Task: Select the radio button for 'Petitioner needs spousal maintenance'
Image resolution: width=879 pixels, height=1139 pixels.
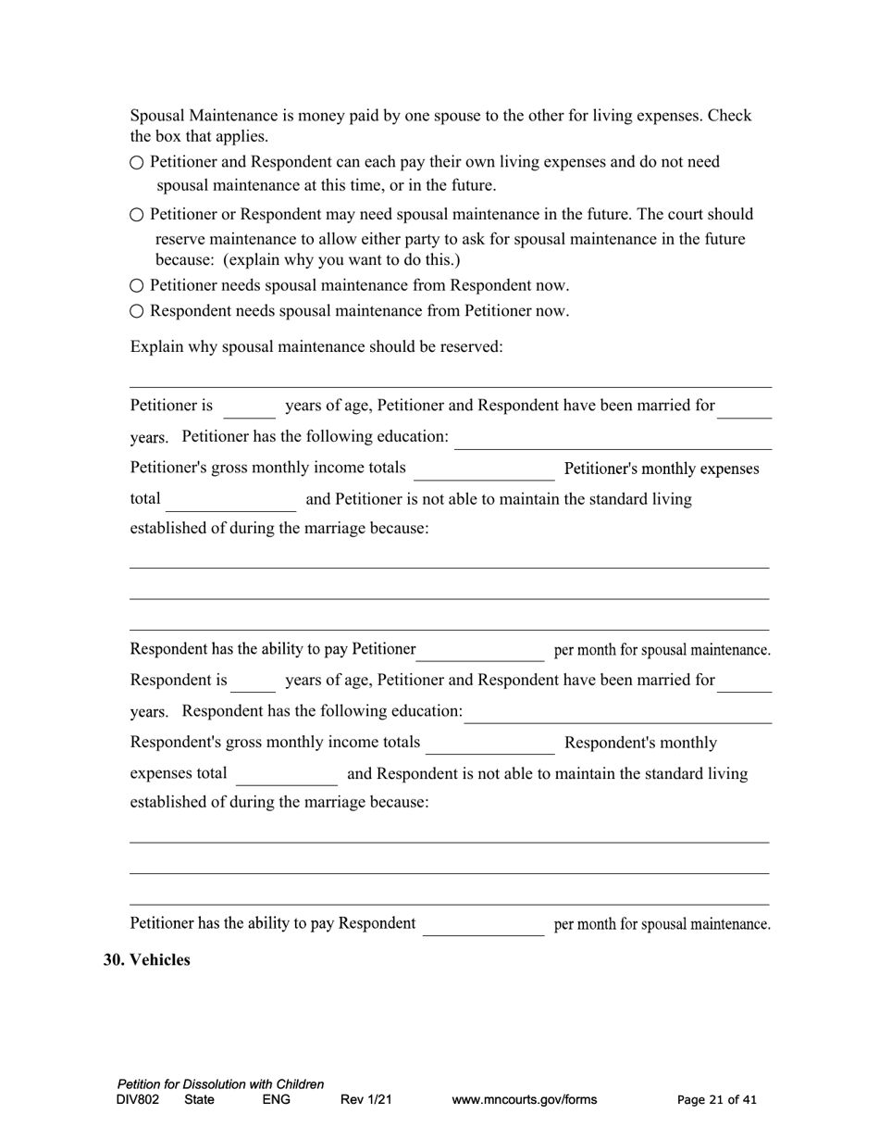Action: click(137, 286)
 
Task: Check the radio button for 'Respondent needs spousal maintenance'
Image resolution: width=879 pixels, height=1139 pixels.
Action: click(137, 311)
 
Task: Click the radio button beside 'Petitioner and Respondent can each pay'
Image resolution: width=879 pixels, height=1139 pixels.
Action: click(137, 163)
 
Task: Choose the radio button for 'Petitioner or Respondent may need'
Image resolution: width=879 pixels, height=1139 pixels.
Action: click(137, 215)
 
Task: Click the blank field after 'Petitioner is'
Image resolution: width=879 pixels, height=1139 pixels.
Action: click(249, 408)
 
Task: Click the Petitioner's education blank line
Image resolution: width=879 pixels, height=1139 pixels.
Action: click(613, 439)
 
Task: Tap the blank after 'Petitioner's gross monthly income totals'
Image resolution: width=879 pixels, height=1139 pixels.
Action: click(483, 471)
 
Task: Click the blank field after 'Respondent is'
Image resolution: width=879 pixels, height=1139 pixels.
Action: click(253, 682)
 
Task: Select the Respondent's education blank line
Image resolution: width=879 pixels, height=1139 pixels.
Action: click(618, 713)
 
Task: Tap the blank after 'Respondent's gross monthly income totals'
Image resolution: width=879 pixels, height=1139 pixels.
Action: click(489, 745)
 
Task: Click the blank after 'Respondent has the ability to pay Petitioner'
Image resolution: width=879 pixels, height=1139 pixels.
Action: click(481, 652)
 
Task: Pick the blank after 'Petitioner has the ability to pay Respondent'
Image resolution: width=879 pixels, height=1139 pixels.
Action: click(483, 927)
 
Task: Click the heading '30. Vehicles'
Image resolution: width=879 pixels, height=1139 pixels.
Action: click(146, 960)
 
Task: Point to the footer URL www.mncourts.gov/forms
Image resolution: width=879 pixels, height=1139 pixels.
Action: click(524, 1100)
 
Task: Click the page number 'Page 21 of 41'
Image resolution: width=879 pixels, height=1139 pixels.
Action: click(716, 1100)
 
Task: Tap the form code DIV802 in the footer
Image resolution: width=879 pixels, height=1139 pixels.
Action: click(138, 1100)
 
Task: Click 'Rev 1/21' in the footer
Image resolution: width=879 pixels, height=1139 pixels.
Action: click(365, 1100)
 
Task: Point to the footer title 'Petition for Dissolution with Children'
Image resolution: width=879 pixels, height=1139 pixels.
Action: click(220, 1084)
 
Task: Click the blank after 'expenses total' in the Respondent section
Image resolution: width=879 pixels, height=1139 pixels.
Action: click(287, 776)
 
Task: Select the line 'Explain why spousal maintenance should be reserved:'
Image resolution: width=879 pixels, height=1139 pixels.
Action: click(316, 347)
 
